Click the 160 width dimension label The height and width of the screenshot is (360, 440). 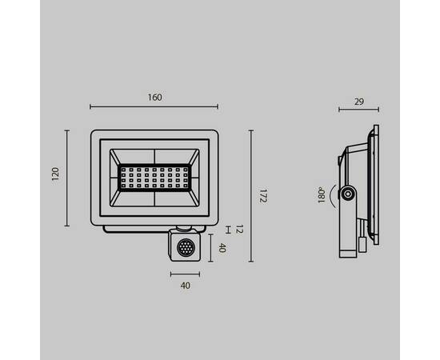coord(155,98)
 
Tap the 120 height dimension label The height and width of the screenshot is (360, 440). coord(55,174)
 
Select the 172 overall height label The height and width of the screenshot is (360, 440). coord(262,196)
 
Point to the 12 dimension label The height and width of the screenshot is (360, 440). coord(239,230)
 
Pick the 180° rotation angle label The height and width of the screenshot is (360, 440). coord(320,194)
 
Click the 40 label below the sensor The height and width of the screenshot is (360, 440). coord(186,286)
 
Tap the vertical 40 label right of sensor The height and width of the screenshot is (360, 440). coord(222,248)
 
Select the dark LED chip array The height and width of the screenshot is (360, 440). coord(154,177)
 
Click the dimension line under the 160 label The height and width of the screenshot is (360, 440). coord(154,107)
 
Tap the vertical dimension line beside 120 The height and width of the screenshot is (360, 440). coord(67,174)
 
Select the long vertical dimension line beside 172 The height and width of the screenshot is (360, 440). coord(251,196)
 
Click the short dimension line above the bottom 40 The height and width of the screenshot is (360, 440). coord(186,274)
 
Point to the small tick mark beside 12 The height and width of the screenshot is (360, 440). coord(229,230)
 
